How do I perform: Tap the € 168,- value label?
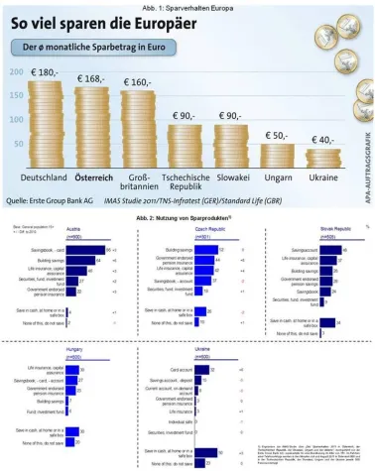[x=91, y=79]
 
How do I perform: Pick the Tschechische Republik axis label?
[x=181, y=181]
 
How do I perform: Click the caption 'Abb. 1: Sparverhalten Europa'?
[x=187, y=5]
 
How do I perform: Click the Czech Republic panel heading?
[x=185, y=230]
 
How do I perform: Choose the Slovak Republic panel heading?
[x=313, y=230]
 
